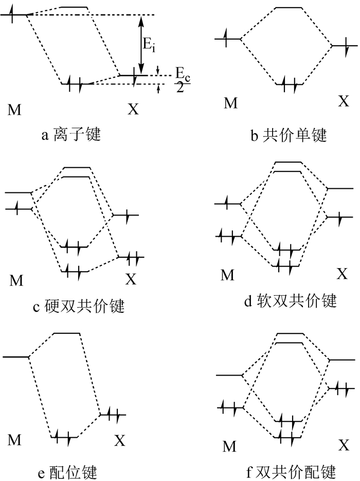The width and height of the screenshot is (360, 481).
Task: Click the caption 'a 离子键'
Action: (71, 134)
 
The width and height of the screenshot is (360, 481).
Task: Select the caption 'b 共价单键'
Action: (289, 135)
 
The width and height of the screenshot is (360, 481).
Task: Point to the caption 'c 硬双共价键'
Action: (79, 306)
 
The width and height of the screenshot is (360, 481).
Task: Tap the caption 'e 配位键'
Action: (67, 472)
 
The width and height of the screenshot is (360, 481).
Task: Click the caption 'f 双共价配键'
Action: (291, 472)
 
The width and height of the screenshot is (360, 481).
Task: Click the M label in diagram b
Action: (230, 103)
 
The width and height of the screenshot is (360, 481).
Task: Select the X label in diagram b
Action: (344, 100)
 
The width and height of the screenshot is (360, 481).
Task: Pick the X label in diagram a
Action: (133, 109)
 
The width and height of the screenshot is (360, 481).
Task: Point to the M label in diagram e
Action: (14, 440)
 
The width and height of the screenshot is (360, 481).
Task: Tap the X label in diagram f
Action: (344, 444)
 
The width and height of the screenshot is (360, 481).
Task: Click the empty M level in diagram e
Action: (15, 357)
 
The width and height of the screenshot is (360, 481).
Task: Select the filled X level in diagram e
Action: (113, 415)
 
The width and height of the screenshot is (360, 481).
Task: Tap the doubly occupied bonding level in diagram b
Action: (289, 84)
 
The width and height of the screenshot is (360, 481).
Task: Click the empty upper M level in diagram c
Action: (19, 192)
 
